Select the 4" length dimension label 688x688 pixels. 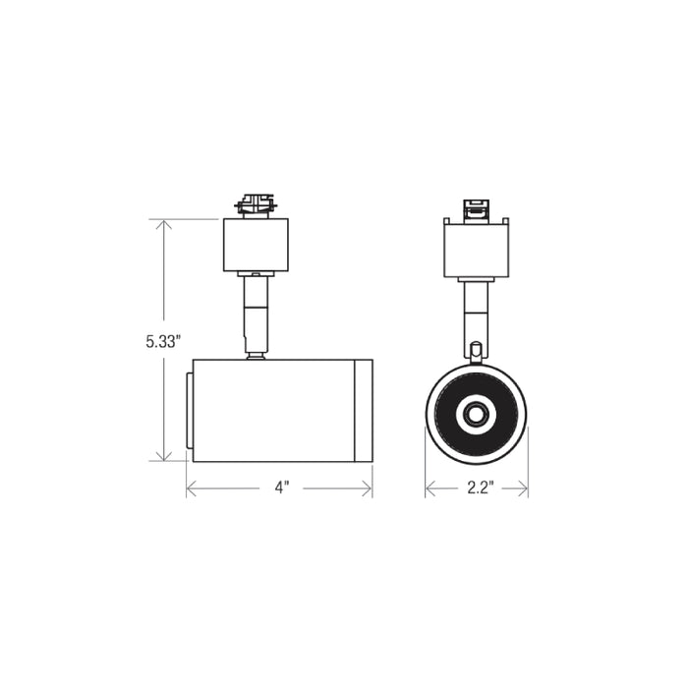click(x=281, y=488)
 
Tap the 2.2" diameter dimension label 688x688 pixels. click(x=478, y=488)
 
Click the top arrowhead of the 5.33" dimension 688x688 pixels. click(x=164, y=225)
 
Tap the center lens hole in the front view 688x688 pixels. click(x=477, y=415)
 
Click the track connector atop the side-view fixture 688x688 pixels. click(x=255, y=204)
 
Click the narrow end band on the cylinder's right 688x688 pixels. click(x=364, y=410)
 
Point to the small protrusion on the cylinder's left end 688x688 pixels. click(x=189, y=410)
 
